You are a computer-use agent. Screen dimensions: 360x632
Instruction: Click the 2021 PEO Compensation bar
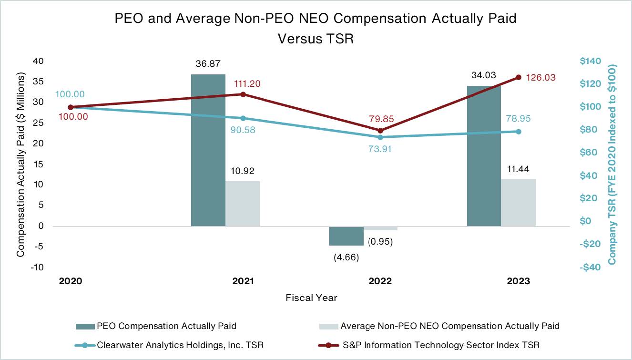click(208, 150)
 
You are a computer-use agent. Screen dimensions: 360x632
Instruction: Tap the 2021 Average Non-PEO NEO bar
click(243, 204)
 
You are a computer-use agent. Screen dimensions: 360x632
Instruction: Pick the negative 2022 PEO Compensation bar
click(346, 236)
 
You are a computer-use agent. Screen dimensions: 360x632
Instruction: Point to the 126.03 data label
click(540, 77)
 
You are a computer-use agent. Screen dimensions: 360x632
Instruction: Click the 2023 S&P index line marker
click(519, 77)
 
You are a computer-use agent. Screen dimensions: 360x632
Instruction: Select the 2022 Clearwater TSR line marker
click(380, 137)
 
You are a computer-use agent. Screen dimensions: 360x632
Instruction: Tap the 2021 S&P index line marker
click(243, 94)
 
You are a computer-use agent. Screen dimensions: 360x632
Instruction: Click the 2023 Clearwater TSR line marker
click(519, 131)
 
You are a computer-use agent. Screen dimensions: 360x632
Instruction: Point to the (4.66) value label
click(346, 257)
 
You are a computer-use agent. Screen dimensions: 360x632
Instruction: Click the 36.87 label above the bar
click(208, 63)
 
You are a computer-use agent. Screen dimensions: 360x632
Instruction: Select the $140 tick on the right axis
click(591, 61)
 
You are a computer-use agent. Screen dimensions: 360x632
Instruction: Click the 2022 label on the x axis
click(380, 281)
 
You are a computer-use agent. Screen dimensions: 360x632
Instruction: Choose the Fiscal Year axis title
click(311, 298)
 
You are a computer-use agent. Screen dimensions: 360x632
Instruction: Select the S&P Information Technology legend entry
click(440, 345)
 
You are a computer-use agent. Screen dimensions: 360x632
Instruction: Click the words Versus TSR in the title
click(316, 39)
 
